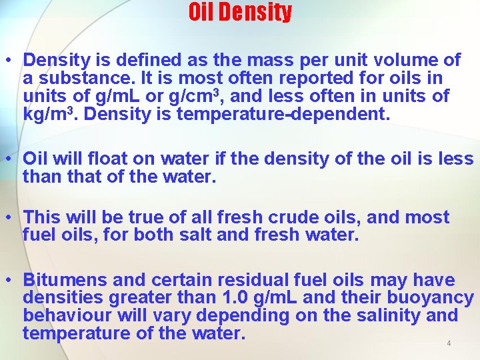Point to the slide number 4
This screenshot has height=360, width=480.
pyautogui.click(x=449, y=343)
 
